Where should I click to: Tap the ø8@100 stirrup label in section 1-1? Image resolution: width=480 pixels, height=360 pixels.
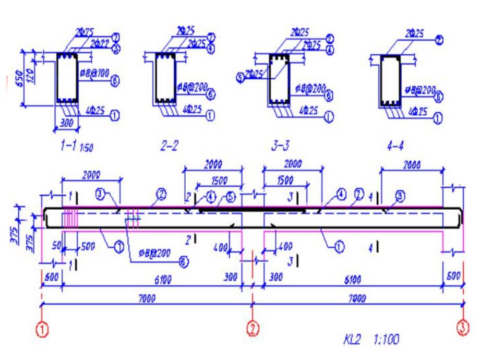(x=95, y=73)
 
